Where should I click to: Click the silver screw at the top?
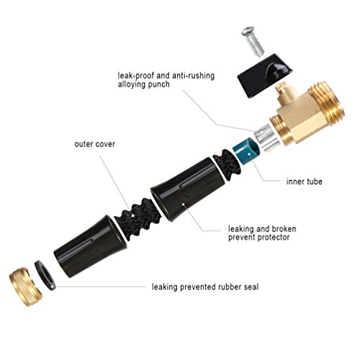(253, 42)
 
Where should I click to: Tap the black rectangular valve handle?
(265, 76)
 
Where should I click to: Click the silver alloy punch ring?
(267, 138)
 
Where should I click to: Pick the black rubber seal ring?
(45, 274)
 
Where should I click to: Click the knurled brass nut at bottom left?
(26, 287)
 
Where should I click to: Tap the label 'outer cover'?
(94, 144)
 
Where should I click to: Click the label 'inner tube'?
(304, 181)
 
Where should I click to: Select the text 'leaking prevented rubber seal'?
(205, 287)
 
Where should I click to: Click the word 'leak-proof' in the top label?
(136, 76)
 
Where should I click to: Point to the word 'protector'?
(274, 238)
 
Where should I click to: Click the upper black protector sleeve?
(187, 189)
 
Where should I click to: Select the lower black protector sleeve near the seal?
(90, 246)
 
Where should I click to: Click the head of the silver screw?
(248, 31)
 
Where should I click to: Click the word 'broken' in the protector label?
(284, 229)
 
